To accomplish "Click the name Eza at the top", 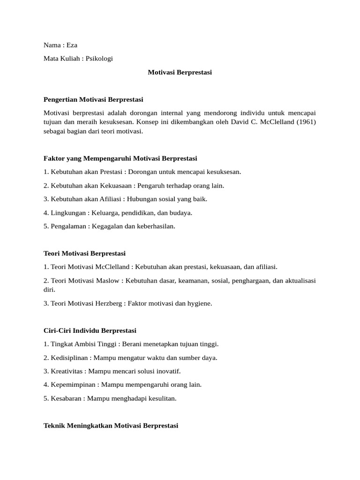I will point(72,45).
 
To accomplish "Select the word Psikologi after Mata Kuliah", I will point(99,59).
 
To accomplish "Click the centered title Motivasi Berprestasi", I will point(180,72).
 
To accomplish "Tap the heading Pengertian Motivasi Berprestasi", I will point(93,99).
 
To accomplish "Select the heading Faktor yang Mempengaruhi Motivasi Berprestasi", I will point(120,158).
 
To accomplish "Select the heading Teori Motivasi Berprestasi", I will point(85,253).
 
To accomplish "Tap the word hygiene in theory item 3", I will point(200,303).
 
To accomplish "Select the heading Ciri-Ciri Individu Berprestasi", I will point(90,330).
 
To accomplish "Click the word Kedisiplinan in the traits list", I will point(69,358).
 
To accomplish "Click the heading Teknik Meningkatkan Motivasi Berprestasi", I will point(111,426).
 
